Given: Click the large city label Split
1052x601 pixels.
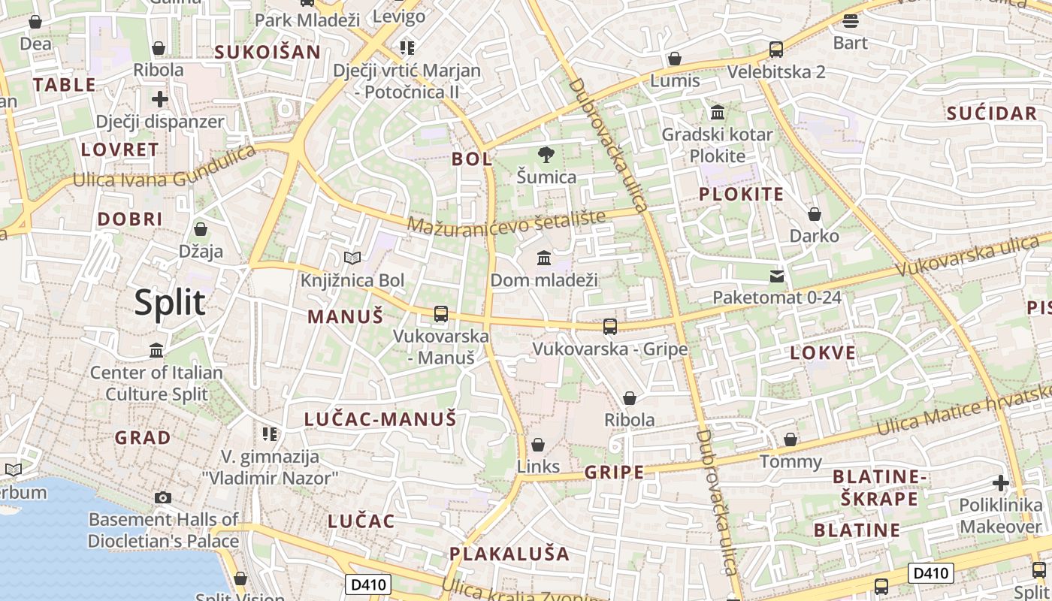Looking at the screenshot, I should click(x=170, y=302).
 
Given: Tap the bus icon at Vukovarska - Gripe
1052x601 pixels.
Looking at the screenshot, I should click(x=610, y=327).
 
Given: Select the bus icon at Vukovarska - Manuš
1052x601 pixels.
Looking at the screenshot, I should click(x=441, y=314).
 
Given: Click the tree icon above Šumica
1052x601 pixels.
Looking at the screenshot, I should click(x=546, y=156).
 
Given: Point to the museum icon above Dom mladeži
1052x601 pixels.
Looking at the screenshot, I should click(x=544, y=258).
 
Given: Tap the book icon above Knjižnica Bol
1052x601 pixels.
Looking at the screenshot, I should click(x=352, y=258).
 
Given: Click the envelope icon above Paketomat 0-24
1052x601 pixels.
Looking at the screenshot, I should click(x=777, y=276).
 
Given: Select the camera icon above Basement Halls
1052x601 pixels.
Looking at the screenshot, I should click(x=162, y=497).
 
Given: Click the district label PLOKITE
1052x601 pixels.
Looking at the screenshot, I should click(x=742, y=195).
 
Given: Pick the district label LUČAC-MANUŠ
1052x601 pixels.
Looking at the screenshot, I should click(x=380, y=419).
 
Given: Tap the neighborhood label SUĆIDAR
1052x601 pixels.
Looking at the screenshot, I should click(x=992, y=113).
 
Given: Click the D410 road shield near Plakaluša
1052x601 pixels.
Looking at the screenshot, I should click(x=367, y=584).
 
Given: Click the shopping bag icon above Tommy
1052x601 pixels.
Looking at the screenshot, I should click(x=791, y=439).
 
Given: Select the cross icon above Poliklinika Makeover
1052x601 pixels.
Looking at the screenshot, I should click(x=1000, y=483).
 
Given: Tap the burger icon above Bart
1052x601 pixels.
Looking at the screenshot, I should click(x=851, y=20).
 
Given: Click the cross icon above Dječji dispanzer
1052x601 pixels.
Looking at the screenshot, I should click(x=160, y=98).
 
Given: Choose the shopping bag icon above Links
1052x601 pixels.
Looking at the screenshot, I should click(x=537, y=445).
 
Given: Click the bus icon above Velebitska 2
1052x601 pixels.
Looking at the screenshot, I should click(x=776, y=50).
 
